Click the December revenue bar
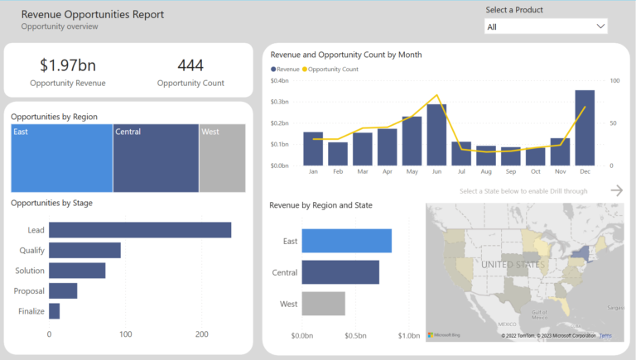click(585, 128)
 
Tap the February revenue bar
click(338, 154)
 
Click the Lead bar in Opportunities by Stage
click(140, 230)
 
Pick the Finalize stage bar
click(55, 311)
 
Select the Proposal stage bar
click(63, 290)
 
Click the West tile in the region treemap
click(222, 158)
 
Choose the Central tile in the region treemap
click(156, 158)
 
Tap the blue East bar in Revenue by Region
click(346, 241)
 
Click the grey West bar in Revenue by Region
click(323, 304)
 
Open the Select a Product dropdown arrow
click(600, 26)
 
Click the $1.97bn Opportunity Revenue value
click(67, 65)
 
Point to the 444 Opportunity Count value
click(190, 65)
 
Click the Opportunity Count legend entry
click(331, 70)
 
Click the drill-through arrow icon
click(616, 190)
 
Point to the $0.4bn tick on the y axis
click(280, 81)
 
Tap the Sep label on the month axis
click(511, 172)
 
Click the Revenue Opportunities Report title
click(92, 14)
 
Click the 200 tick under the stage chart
click(201, 334)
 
